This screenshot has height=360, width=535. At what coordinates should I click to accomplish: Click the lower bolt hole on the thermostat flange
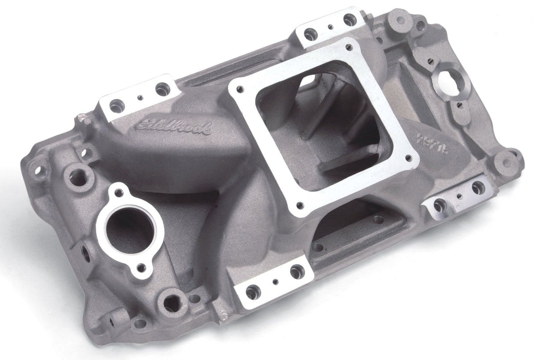(141, 268)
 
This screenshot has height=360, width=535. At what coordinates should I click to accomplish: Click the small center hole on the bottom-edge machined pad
(276, 281)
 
